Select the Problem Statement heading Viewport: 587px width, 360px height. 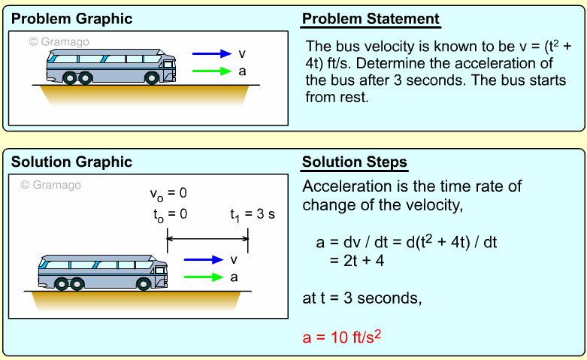[x=371, y=19]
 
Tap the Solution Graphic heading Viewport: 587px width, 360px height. [x=71, y=162]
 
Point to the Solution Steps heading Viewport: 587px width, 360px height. [x=354, y=162]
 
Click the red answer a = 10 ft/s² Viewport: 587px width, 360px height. [x=343, y=337]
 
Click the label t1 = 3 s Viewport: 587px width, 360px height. [x=253, y=214]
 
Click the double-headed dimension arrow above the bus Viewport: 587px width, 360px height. [x=207, y=240]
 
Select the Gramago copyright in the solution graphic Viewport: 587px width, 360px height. [x=50, y=185]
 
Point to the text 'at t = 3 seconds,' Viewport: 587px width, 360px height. [x=362, y=298]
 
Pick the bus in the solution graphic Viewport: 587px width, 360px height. [x=104, y=271]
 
